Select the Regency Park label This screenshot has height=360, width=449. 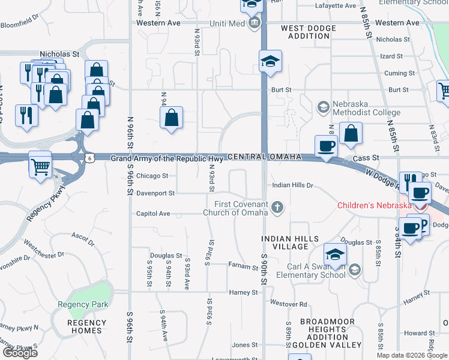[x=83, y=304]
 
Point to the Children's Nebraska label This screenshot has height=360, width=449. [x=374, y=205]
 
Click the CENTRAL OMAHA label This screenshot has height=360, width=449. [x=264, y=157]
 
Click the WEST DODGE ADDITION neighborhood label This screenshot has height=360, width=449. [x=309, y=32]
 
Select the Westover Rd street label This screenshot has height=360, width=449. [x=289, y=304]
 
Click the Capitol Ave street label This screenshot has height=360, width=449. [x=154, y=213]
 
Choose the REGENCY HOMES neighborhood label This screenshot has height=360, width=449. [x=87, y=327]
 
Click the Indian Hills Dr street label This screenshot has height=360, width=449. [x=293, y=185]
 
